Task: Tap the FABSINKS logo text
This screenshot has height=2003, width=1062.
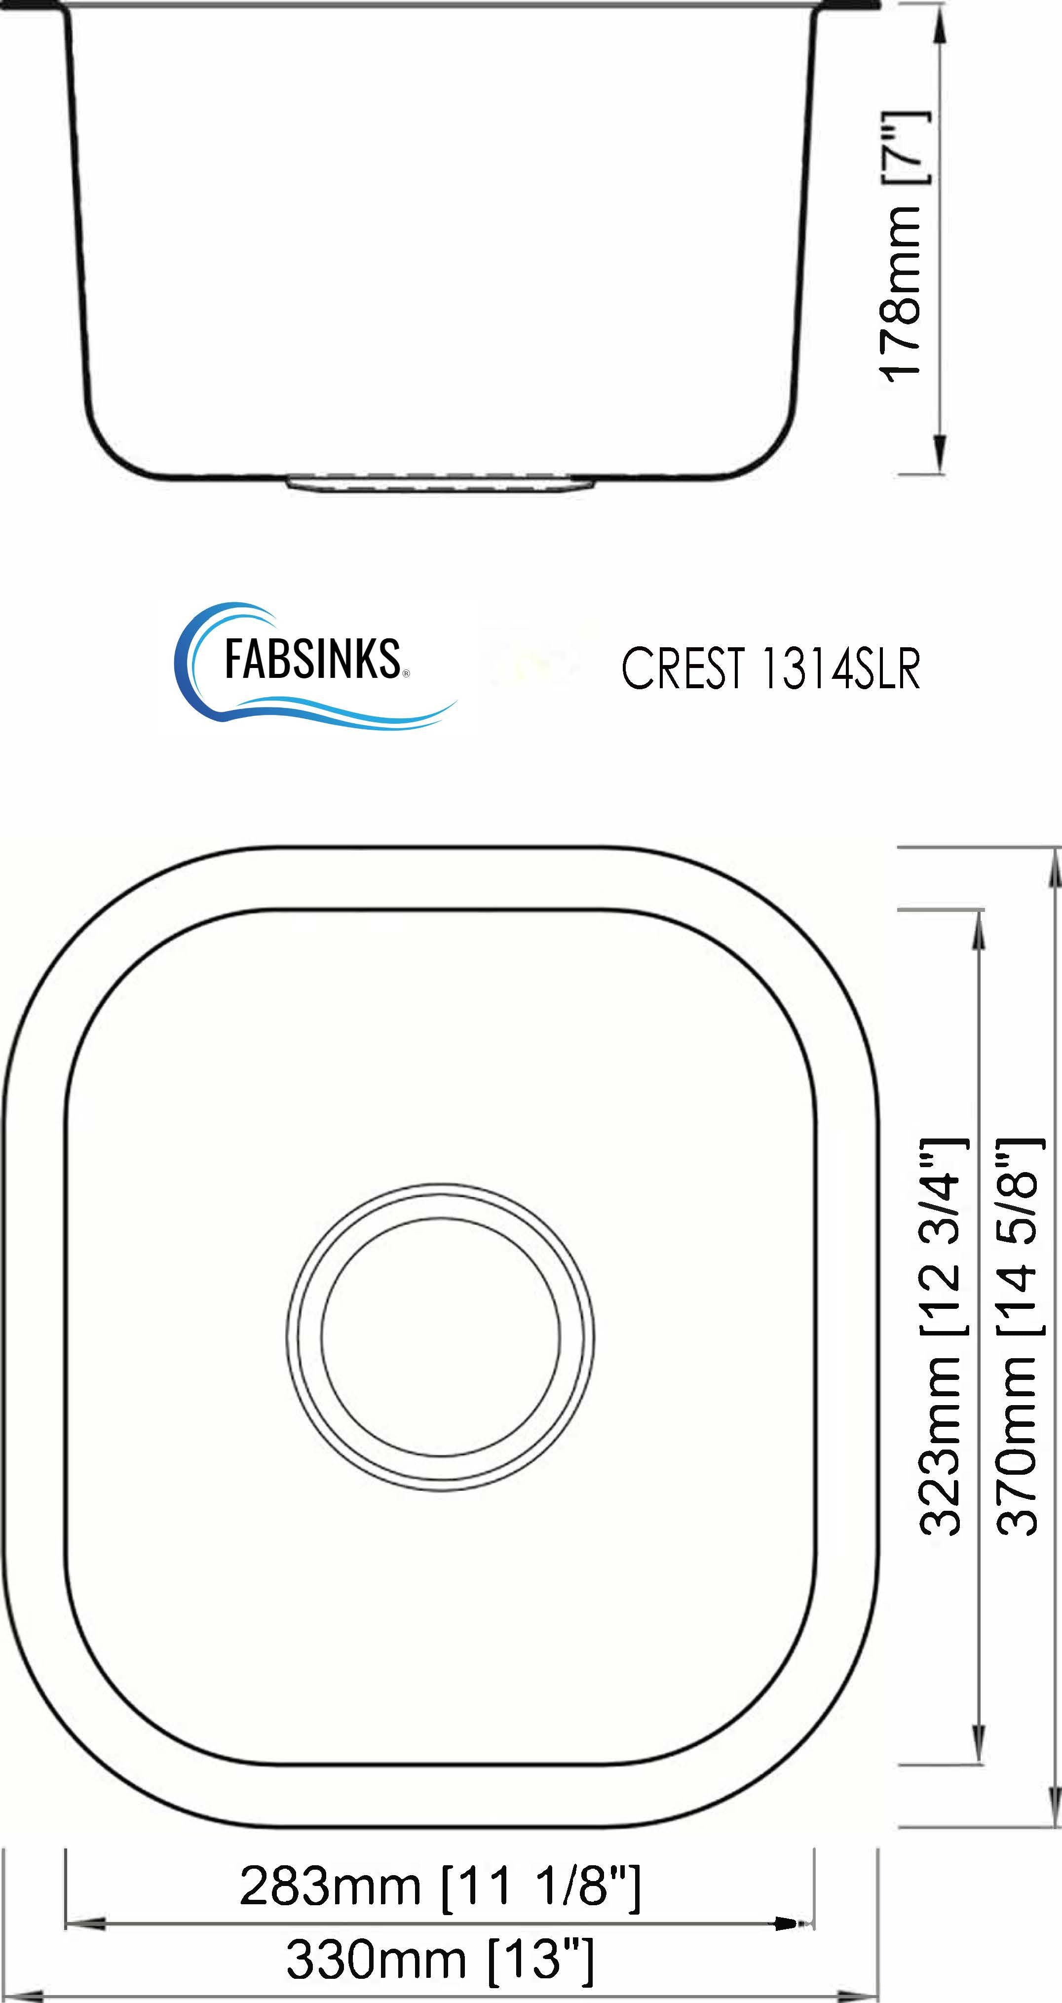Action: [x=311, y=660]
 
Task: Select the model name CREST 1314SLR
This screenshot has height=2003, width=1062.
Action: [x=770, y=668]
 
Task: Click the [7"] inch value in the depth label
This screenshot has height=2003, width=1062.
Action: [x=905, y=148]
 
